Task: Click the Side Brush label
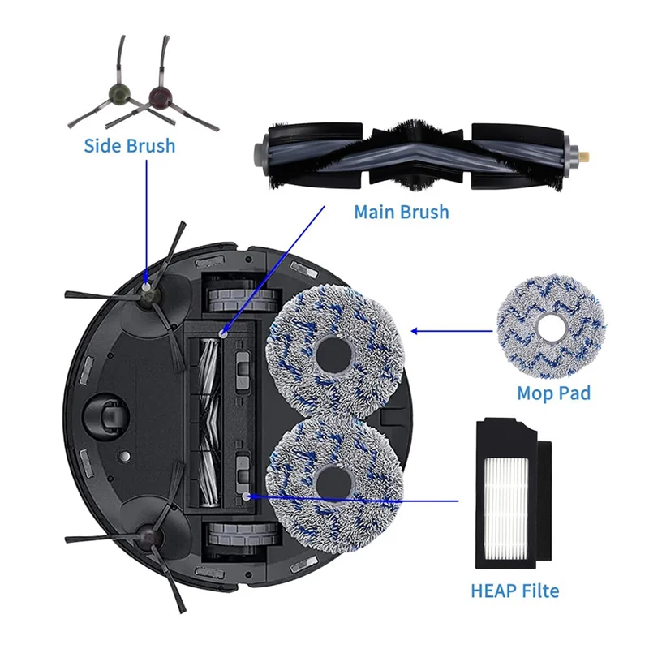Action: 129,146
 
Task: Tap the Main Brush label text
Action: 401,212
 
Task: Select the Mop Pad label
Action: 553,393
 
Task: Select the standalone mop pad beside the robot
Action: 552,327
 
